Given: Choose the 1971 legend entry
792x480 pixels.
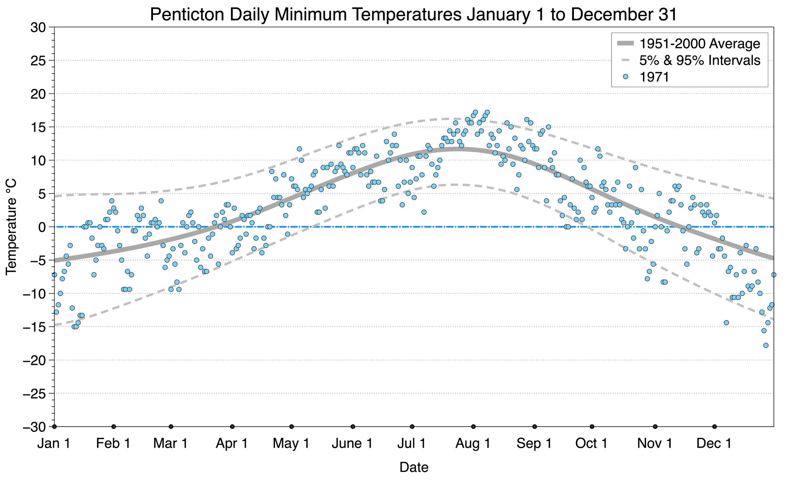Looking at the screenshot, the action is [x=646, y=77].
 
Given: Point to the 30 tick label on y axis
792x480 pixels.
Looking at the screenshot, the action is [x=38, y=27].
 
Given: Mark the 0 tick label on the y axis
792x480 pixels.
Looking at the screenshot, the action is [x=42, y=227].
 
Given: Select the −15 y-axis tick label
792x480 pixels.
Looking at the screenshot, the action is [x=34, y=327].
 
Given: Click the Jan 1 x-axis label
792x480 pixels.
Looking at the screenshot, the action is [x=54, y=443].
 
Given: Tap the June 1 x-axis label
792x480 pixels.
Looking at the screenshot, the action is [x=352, y=443].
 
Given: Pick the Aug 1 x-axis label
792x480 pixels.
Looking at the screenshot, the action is [x=473, y=444].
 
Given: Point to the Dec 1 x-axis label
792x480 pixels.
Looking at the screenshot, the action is [x=714, y=443].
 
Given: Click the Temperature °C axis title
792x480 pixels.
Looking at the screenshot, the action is [x=11, y=227].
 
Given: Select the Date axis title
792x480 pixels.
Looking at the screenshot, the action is [x=414, y=467].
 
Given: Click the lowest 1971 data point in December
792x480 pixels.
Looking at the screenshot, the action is [x=766, y=345].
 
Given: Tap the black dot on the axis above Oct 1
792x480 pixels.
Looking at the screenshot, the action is [x=592, y=427].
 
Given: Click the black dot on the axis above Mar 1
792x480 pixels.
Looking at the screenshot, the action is [x=171, y=427].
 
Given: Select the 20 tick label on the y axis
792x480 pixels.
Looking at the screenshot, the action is [x=38, y=94].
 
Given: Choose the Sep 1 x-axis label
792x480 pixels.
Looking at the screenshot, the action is [x=534, y=444].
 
